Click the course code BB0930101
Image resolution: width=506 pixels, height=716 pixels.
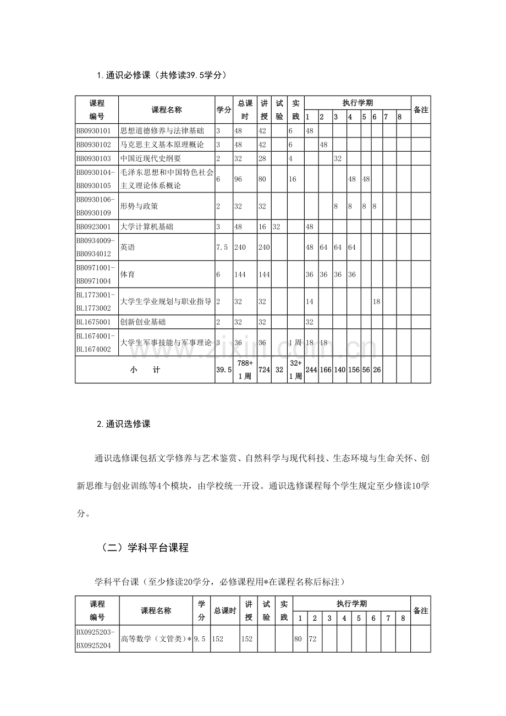(94, 131)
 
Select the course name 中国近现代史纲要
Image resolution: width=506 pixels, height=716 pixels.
(151, 158)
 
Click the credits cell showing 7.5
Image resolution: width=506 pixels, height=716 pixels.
(223, 247)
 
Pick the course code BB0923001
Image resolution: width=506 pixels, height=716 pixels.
(94, 227)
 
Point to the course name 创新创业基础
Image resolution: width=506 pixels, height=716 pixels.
(143, 322)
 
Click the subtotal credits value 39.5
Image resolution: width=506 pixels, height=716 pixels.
(223, 370)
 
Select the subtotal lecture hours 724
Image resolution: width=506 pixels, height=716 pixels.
(263, 370)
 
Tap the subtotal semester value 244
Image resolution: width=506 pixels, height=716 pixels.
(310, 370)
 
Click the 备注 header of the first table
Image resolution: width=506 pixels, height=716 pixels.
(421, 110)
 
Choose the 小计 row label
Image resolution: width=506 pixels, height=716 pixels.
(145, 370)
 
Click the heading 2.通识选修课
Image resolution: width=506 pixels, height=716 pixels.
(124, 424)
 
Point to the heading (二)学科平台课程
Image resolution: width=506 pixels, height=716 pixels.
(145, 548)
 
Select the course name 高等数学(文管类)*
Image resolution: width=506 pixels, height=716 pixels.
(156, 639)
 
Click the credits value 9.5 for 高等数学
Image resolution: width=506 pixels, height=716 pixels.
(201, 639)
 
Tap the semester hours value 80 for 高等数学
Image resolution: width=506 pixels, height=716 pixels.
(299, 639)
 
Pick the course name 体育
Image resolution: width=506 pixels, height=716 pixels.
(128, 274)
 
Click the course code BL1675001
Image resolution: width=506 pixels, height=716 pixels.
(94, 322)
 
